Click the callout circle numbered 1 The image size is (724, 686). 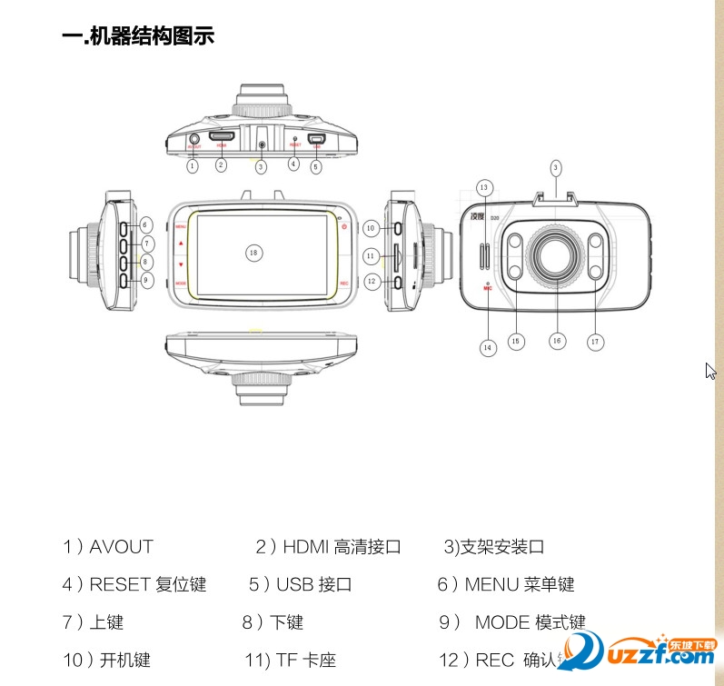pos(193,166)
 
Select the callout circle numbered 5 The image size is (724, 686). pos(315,166)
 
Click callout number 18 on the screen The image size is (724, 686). pos(254,252)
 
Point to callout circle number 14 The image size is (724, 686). pos(488,346)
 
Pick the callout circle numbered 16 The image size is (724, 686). pos(557,341)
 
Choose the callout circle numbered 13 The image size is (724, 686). pos(484,187)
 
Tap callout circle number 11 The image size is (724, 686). pos(371,257)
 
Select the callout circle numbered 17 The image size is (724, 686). pos(596,342)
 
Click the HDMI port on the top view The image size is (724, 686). pos(223,138)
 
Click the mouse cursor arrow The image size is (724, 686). pos(711,371)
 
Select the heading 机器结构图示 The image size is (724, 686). pos(138,37)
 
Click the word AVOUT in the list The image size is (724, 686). pos(122,547)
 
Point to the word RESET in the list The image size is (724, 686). pos(120,584)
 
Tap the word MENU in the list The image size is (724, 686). pos(491,584)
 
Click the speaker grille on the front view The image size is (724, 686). pos(483,255)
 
